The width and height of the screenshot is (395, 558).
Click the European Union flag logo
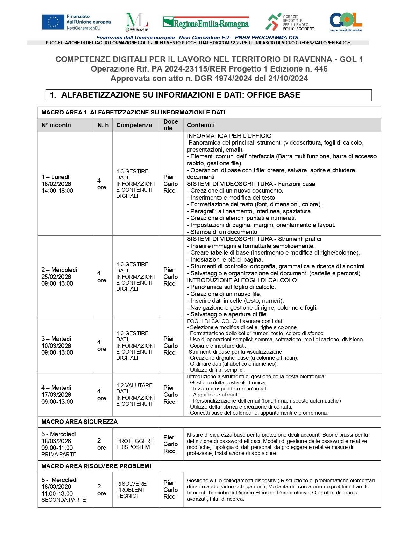(x=53, y=22)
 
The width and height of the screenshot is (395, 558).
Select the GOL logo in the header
(x=346, y=22)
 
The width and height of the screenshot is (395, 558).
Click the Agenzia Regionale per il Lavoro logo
(x=290, y=22)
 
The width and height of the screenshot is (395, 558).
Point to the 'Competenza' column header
(x=134, y=125)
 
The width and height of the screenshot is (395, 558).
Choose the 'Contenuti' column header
(x=201, y=125)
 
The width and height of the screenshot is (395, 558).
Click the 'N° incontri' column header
(x=57, y=125)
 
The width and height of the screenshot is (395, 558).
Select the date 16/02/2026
(x=56, y=184)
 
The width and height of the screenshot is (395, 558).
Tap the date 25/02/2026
(x=56, y=277)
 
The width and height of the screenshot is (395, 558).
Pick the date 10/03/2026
(x=56, y=346)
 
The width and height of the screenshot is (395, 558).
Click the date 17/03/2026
(x=56, y=395)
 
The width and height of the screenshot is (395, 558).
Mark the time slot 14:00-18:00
(x=57, y=191)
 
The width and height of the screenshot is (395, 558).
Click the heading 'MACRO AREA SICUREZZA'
(x=80, y=422)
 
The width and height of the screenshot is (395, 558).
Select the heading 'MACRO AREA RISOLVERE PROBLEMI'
(x=96, y=466)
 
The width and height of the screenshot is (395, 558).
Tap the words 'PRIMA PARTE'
(x=59, y=455)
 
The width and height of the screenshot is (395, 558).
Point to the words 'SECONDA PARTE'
(x=64, y=500)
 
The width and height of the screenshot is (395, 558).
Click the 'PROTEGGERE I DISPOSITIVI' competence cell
(x=135, y=444)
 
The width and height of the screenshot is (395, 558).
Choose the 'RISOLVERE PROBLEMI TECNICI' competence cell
(x=131, y=490)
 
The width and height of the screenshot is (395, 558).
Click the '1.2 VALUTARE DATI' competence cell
(x=135, y=395)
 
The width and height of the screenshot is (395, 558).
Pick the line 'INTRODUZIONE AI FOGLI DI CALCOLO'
(x=242, y=280)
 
